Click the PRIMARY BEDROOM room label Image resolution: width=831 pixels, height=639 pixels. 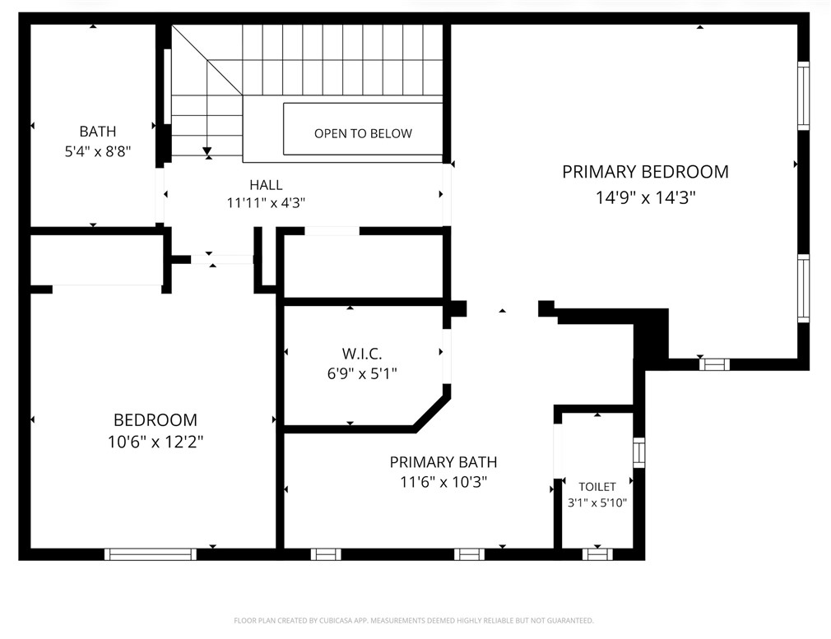click(x=645, y=172)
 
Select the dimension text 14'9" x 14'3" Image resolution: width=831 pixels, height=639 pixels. click(x=645, y=197)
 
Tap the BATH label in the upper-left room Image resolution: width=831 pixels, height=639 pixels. click(x=97, y=132)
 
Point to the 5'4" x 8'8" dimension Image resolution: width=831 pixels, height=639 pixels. click(x=97, y=151)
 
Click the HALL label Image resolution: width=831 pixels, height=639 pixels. click(x=266, y=185)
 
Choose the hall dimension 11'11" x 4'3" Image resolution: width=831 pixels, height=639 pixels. click(x=266, y=203)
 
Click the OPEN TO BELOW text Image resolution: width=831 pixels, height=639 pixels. click(x=363, y=133)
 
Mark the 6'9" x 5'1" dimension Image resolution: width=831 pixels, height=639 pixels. click(x=362, y=373)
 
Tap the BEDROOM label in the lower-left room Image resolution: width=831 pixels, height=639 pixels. click(x=155, y=420)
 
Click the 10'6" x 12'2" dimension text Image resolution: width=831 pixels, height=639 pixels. click(x=155, y=442)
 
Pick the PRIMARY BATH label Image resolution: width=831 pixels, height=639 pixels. click(x=443, y=462)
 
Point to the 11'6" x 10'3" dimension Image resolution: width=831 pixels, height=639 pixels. click(x=443, y=483)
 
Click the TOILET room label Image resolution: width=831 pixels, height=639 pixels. click(x=597, y=487)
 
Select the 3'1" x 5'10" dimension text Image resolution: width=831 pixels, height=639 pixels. click(x=597, y=502)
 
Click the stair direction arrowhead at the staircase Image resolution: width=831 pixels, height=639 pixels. click(x=207, y=151)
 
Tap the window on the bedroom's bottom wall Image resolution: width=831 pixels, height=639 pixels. click(x=151, y=554)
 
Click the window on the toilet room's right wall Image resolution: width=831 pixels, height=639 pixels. click(x=638, y=453)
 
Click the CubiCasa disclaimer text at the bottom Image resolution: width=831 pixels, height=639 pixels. click(x=414, y=620)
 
